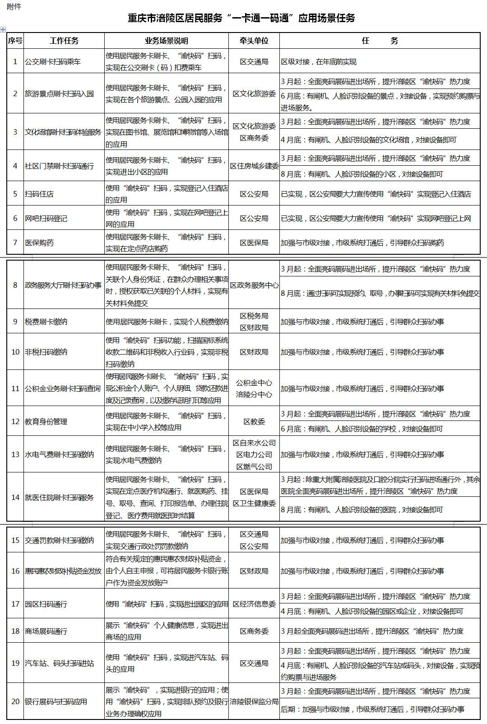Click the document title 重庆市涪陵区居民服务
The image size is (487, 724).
pos(241,18)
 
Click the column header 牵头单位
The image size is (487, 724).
pos(254,41)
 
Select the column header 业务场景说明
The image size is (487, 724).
pos(166,41)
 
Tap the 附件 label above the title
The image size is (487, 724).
pos(14,6)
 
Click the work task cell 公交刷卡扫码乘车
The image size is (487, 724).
pos(53,61)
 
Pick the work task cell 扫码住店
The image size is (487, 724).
pos(39,194)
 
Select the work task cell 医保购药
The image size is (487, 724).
pos(39,243)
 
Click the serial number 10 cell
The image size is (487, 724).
pos(15,352)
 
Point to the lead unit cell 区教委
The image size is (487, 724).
pos(254,421)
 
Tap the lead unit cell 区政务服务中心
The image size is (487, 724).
pos(254,285)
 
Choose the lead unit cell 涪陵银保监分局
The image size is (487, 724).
pos(254,701)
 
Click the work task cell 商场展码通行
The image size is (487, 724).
pos(46,631)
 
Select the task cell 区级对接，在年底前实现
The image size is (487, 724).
pos(319,61)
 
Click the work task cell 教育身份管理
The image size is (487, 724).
pos(46,421)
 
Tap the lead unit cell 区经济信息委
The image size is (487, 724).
pos(254,604)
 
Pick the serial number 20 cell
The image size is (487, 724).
pos(15,701)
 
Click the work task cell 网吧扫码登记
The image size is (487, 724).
pos(46,218)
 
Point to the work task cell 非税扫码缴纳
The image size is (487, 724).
pos(46,352)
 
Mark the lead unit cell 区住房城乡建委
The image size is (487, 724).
pos(254,166)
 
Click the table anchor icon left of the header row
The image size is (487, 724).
pos(3,29)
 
